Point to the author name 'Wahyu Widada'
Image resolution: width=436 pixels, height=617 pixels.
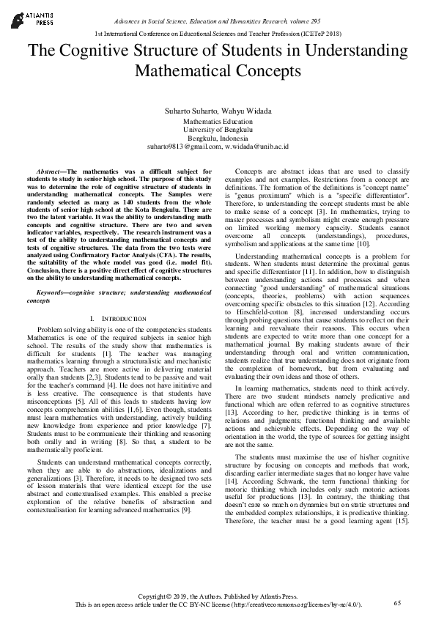(246, 111)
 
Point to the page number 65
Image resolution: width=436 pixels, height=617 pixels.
(397, 602)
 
